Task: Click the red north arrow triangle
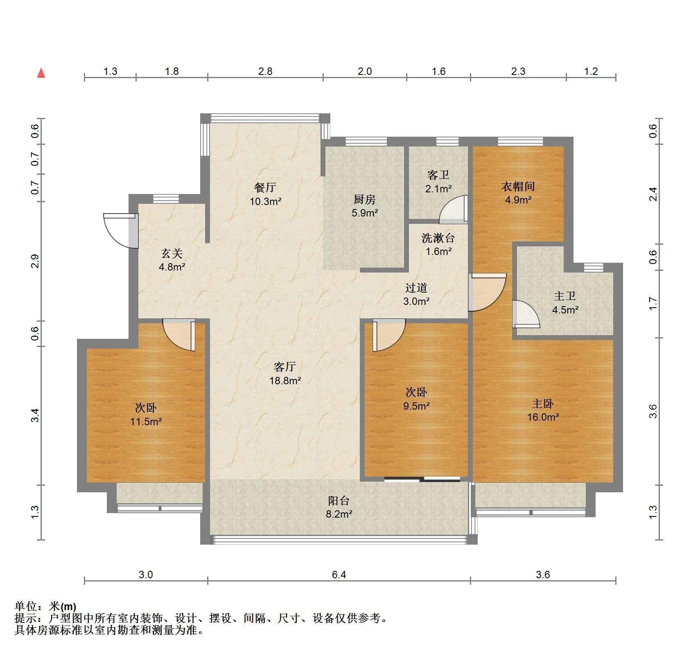[41, 73]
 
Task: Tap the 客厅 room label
[285, 367]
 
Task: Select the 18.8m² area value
[285, 381]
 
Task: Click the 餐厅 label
[265, 187]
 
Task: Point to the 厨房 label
[364, 199]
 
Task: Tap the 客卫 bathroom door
[454, 210]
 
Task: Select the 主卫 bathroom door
[526, 314]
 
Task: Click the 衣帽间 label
[518, 186]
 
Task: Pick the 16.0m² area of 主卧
[543, 417]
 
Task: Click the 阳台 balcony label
[339, 500]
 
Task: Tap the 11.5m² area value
[146, 421]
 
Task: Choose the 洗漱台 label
[438, 238]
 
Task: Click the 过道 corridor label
[416, 288]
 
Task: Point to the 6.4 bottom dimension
[339, 575]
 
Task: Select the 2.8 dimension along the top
[265, 71]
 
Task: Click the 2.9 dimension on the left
[35, 261]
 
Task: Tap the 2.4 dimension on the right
[653, 194]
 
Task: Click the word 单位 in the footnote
[25, 606]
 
